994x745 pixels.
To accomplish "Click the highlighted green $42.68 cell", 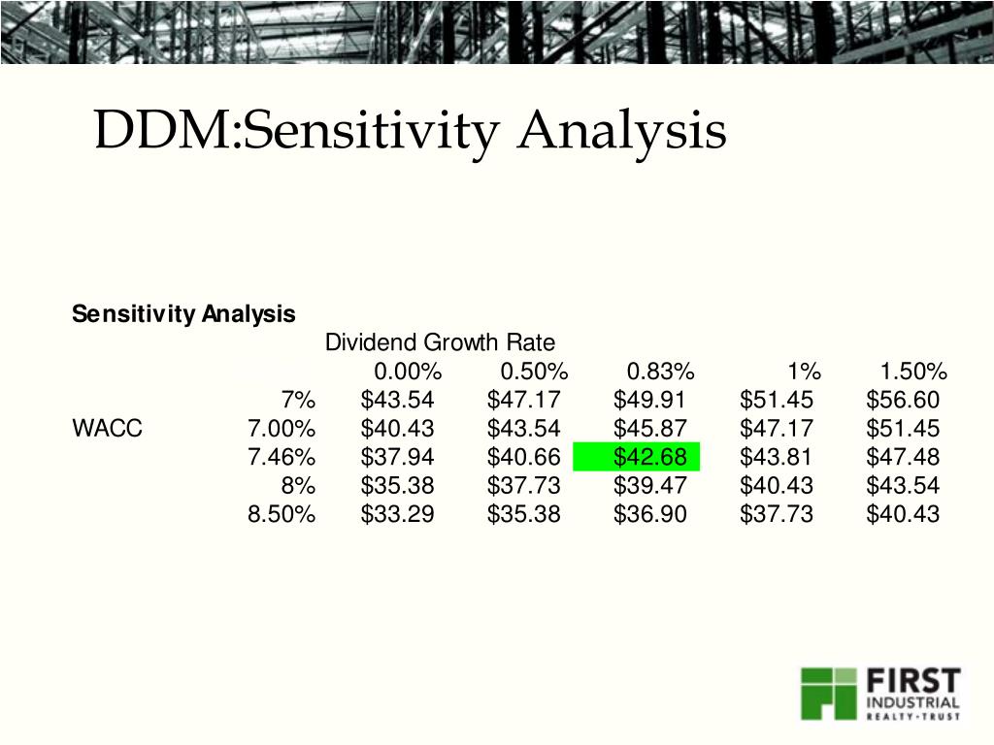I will [x=649, y=457].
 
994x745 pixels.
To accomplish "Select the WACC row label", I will [x=107, y=429].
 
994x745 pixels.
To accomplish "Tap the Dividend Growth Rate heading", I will [x=440, y=342].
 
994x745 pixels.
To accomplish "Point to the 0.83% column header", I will [x=660, y=372].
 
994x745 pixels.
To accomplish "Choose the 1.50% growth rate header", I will [x=913, y=372].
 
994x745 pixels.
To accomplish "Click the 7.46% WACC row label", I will [x=282, y=457].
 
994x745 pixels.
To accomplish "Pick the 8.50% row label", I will [x=282, y=514].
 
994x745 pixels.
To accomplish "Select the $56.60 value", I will [x=903, y=400].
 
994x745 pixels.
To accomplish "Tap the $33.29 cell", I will [x=397, y=514].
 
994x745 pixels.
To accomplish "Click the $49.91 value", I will [x=649, y=400].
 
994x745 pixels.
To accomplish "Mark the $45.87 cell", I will [x=649, y=429].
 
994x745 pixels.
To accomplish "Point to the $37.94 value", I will [x=397, y=457].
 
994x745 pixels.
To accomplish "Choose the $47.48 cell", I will [x=903, y=457].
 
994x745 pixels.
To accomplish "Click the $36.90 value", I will [x=649, y=514].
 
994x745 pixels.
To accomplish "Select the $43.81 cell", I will [x=777, y=457].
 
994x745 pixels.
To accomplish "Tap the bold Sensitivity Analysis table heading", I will [x=183, y=314].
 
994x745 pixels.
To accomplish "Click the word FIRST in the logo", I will [x=913, y=680].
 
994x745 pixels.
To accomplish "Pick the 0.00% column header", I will [x=408, y=372].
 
